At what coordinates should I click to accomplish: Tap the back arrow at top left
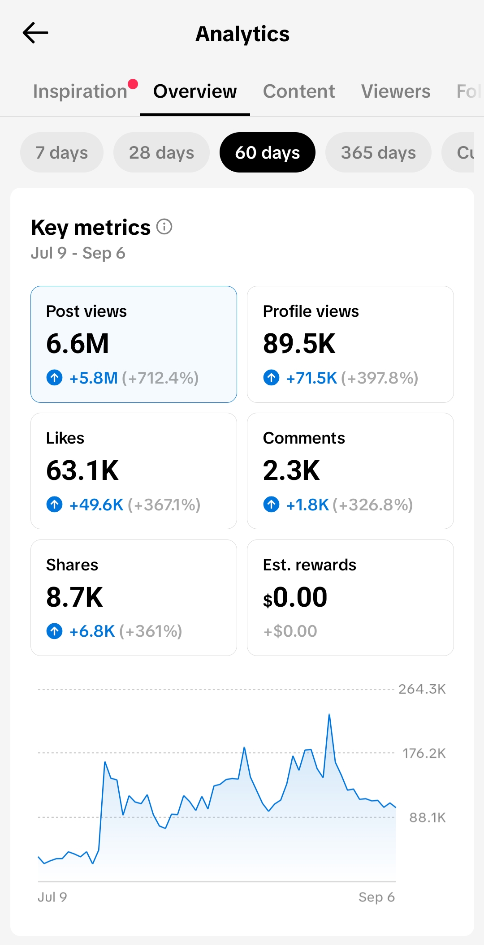coord(35,33)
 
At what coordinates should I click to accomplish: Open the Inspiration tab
coord(81,91)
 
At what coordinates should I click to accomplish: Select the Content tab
coord(299,91)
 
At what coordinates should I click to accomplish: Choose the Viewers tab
coord(396,91)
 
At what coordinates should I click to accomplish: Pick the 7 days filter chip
coord(62,152)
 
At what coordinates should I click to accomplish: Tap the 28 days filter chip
coord(161,152)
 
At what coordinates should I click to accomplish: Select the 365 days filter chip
coord(378,152)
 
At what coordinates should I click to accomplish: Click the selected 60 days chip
coord(268,152)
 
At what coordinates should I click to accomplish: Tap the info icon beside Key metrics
coord(164,227)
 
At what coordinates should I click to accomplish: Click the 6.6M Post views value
coord(78,344)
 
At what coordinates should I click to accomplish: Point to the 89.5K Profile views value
coord(299,344)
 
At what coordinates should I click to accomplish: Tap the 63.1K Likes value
coord(82,470)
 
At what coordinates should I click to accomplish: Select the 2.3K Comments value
coord(292,470)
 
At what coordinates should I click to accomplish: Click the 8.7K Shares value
coord(75,597)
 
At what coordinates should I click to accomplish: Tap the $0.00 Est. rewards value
coord(295,597)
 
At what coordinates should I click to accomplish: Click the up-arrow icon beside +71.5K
coord(271,378)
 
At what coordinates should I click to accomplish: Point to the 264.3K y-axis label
coord(422,689)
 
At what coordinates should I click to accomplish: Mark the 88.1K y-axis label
coord(428,818)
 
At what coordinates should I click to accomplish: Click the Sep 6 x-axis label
coord(376,897)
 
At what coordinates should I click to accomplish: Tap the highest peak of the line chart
coord(329,714)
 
